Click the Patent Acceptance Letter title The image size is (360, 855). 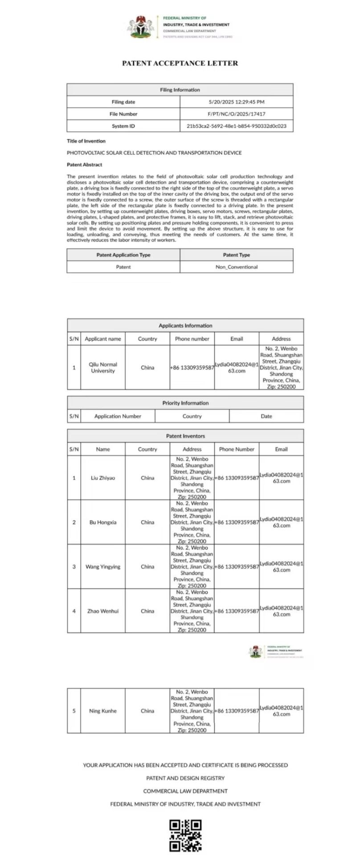pyautogui.click(x=180, y=63)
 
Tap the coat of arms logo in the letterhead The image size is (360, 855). pyautogui.click(x=142, y=27)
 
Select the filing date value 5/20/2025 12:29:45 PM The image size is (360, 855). pyautogui.click(x=237, y=102)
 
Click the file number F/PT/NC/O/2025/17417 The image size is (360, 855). pyautogui.click(x=237, y=114)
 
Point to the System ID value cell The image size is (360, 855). pyautogui.click(x=237, y=126)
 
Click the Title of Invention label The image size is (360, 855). pyautogui.click(x=86, y=141)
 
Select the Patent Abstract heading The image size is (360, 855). pyautogui.click(x=84, y=165)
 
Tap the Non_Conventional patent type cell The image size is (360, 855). pyautogui.click(x=237, y=267)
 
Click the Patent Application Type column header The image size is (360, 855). pyautogui.click(x=123, y=255)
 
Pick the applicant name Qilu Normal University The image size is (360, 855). pyautogui.click(x=103, y=367)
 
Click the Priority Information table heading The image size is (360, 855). pyautogui.click(x=185, y=403)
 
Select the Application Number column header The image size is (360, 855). pyautogui.click(x=118, y=416)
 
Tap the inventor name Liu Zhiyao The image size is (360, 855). pyautogui.click(x=103, y=478)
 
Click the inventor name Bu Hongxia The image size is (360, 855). pyautogui.click(x=103, y=522)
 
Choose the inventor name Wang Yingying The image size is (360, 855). pyautogui.click(x=103, y=567)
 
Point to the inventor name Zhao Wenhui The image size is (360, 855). pyautogui.click(x=103, y=611)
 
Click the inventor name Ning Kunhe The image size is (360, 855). pyautogui.click(x=103, y=711)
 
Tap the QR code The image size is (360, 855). pyautogui.click(x=185, y=835)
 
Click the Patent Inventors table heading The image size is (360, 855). pyautogui.click(x=185, y=436)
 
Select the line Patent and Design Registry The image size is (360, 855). pyautogui.click(x=185, y=778)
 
